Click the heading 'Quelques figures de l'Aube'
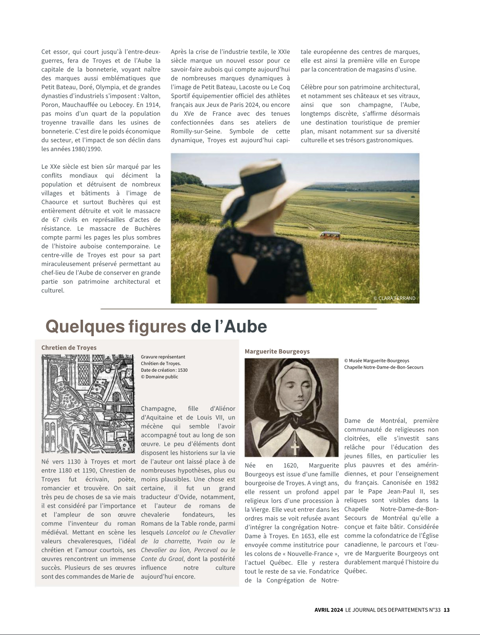[156, 327]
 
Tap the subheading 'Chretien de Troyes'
[69, 348]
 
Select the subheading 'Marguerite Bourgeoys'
[277, 351]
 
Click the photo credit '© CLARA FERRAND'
[394, 298]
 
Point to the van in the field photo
[330, 235]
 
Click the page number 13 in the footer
[447, 610]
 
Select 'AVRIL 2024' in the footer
[329, 610]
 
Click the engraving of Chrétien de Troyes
[88, 404]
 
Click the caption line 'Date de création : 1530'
[164, 370]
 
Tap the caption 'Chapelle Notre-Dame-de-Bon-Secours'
[384, 367]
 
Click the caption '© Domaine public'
[159, 377]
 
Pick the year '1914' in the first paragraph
[153, 105]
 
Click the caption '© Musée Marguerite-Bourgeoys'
[377, 361]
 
